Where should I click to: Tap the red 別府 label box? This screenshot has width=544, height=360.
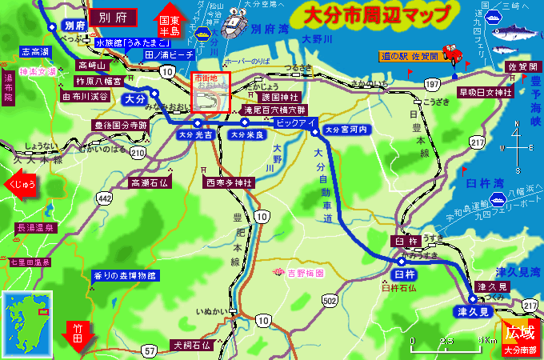tap(111, 16)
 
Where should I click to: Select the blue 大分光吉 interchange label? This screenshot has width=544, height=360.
tap(197, 135)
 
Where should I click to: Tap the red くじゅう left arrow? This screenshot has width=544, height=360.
tap(22, 184)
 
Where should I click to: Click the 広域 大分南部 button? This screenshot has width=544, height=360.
tap(522, 335)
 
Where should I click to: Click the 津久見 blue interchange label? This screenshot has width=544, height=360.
tap(474, 310)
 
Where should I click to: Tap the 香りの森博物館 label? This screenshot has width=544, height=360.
tap(125, 275)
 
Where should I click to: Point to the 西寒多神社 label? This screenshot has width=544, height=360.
tap(229, 183)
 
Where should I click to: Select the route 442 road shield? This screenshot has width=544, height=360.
tap(105, 197)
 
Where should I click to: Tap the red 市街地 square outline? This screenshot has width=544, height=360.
tap(211, 93)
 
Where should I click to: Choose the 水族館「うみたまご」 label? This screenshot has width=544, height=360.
tap(133, 42)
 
